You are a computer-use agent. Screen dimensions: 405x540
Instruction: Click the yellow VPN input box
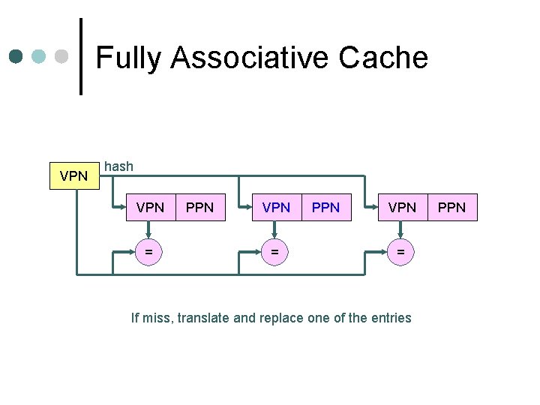73,177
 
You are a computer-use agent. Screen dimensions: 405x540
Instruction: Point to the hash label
118,166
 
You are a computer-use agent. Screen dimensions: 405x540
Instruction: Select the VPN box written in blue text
276,207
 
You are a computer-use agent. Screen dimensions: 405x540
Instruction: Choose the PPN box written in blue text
325,207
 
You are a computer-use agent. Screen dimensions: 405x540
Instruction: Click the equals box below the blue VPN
275,253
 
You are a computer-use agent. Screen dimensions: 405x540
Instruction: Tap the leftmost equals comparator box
149,253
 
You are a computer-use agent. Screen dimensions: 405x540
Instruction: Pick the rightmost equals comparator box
401,253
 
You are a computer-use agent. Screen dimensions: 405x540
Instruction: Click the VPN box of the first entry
150,207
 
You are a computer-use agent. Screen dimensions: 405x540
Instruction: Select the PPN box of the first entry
199,207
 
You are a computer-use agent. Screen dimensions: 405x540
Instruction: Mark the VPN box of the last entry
402,207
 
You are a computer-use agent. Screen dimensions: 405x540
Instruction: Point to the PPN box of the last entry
451,207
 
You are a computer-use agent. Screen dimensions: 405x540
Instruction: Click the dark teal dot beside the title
16,56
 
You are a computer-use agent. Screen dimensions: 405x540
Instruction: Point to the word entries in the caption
391,318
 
